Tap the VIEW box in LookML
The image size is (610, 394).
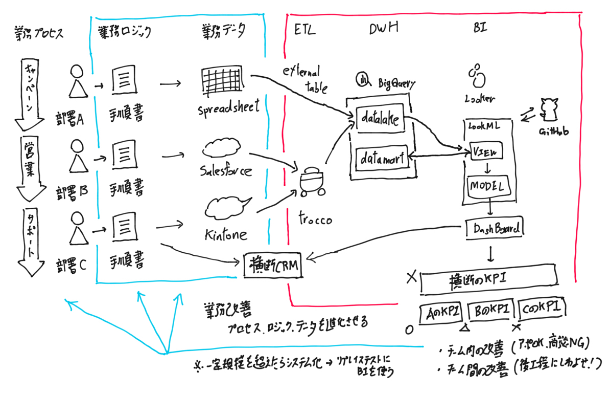(x=486, y=152)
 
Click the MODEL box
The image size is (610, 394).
(x=487, y=185)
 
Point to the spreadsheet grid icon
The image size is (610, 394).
(x=222, y=81)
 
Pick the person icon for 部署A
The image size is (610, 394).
(x=76, y=82)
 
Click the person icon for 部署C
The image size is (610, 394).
(x=76, y=229)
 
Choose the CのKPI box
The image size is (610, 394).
(x=542, y=309)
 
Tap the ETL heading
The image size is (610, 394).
(x=305, y=30)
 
